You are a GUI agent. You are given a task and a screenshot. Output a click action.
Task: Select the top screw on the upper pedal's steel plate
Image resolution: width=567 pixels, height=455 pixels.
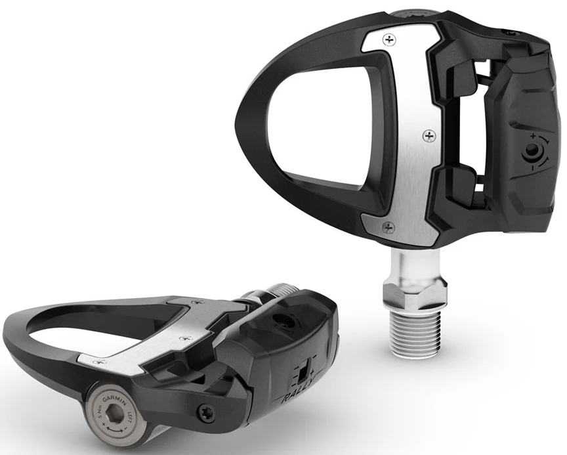point(392,41)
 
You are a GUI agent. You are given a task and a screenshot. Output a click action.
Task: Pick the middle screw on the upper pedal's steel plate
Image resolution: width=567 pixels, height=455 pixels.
point(430,136)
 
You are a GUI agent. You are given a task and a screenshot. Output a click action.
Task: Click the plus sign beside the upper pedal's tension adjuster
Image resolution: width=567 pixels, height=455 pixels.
point(533,135)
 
